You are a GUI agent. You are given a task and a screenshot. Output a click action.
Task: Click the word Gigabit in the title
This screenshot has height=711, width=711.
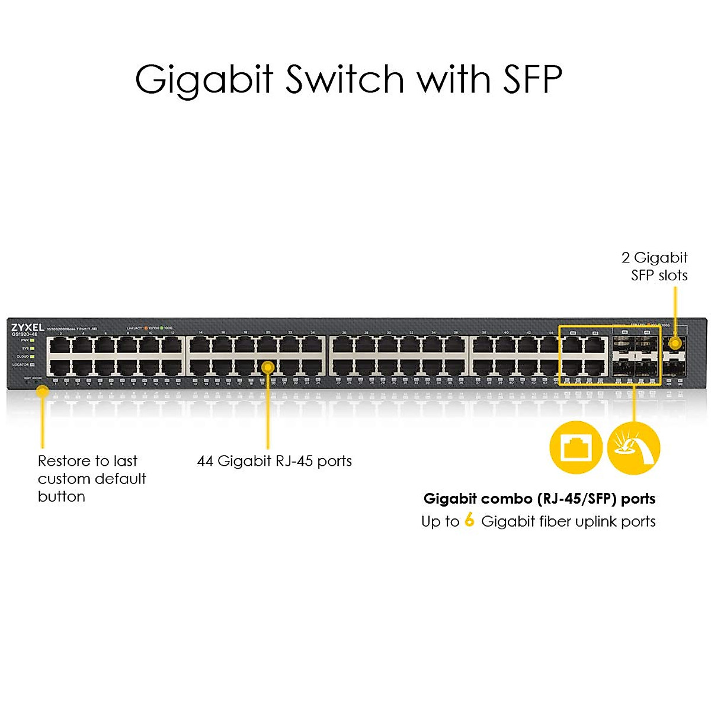(x=204, y=80)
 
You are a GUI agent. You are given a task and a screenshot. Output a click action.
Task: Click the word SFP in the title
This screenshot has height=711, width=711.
(x=532, y=79)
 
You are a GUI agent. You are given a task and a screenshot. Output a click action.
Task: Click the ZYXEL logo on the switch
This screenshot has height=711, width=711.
(x=27, y=327)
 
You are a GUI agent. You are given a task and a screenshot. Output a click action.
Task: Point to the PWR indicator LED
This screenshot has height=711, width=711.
(x=32, y=341)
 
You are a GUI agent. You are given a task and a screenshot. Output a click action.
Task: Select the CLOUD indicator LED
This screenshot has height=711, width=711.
(x=32, y=357)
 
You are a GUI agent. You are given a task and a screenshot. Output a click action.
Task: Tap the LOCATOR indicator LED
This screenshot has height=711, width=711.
(x=32, y=364)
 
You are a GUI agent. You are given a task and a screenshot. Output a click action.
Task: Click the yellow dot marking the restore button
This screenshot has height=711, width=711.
(x=42, y=390)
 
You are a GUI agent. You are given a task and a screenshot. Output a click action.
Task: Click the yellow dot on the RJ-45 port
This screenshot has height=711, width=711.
(x=268, y=367)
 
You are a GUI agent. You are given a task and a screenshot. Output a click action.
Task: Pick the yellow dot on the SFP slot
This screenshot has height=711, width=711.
(x=674, y=342)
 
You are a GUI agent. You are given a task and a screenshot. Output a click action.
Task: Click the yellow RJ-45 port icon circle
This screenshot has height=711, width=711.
(x=575, y=447)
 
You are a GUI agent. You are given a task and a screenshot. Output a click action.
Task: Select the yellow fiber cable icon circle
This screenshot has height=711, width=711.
(x=633, y=448)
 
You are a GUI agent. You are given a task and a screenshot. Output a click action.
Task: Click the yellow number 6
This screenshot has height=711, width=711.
(x=469, y=520)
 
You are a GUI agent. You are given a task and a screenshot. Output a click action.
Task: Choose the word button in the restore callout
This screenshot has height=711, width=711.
(x=62, y=497)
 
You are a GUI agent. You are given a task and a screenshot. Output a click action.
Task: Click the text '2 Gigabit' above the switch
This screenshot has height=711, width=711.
(x=654, y=258)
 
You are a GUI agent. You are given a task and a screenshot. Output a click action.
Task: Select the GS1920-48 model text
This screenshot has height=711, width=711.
(x=24, y=335)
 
